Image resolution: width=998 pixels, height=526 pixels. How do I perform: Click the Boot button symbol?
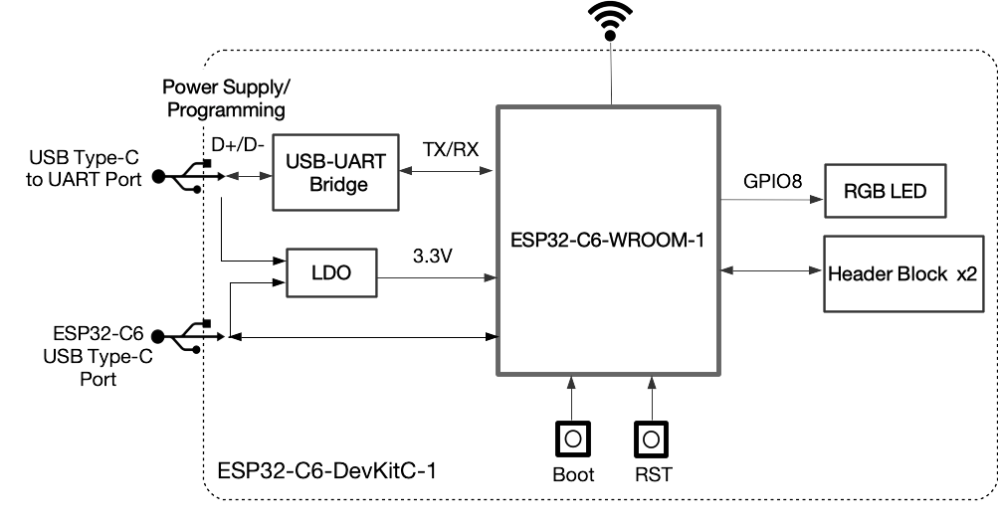(572, 438)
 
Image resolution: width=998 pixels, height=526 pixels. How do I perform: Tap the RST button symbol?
(651, 438)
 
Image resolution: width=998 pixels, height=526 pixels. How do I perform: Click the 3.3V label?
(432, 256)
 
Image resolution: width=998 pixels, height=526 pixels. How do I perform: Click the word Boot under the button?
(573, 475)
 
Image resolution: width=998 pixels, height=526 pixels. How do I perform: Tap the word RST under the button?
(651, 475)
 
